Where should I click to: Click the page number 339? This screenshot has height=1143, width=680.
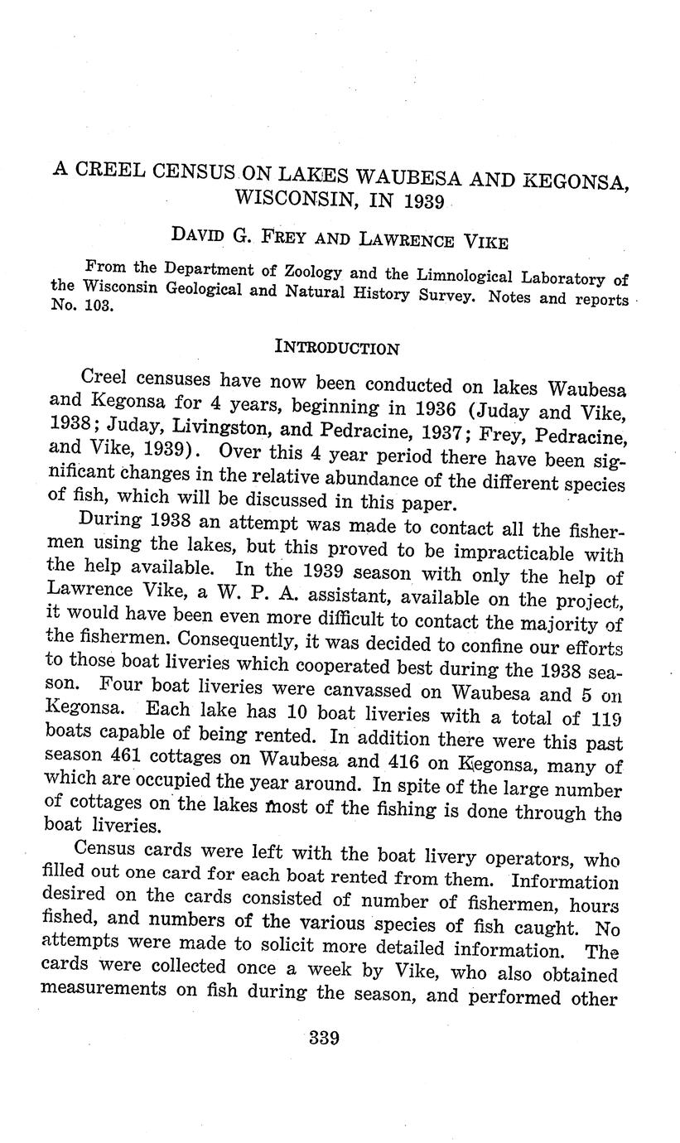click(x=323, y=1037)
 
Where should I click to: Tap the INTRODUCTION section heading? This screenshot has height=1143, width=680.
click(x=336, y=348)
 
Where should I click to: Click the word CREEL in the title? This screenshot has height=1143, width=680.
click(x=117, y=169)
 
